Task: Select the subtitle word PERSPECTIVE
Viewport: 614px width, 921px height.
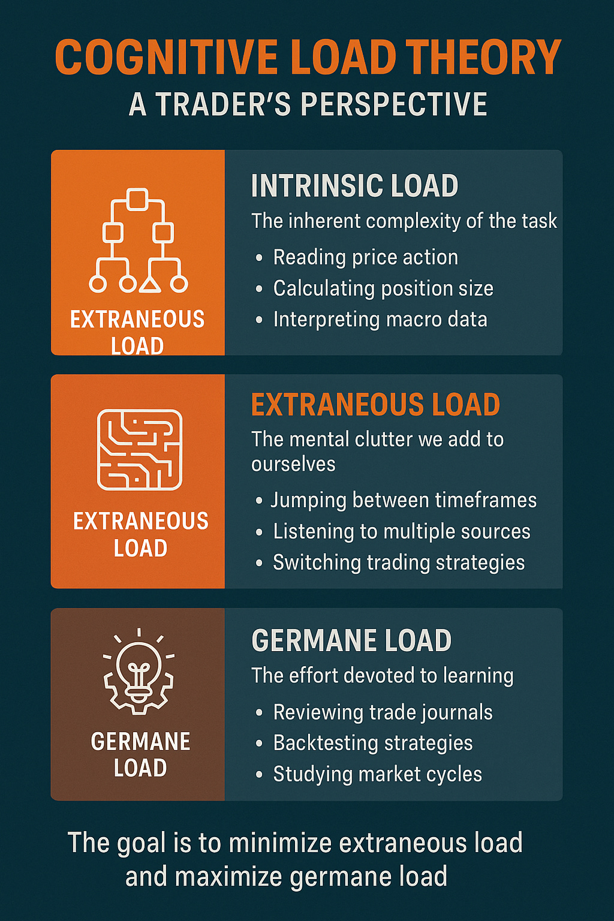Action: click(x=393, y=104)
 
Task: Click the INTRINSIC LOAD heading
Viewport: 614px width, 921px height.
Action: click(x=354, y=186)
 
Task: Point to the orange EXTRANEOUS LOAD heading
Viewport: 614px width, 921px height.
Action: click(x=375, y=405)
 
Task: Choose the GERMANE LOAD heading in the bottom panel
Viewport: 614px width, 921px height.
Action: click(x=351, y=640)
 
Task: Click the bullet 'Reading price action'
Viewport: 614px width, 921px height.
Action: click(x=365, y=257)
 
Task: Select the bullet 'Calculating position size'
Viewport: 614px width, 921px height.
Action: click(x=383, y=288)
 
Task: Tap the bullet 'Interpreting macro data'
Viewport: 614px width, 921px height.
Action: click(x=380, y=320)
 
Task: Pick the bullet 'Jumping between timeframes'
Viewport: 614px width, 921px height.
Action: click(x=403, y=500)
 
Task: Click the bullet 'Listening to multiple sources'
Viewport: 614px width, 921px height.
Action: click(x=401, y=531)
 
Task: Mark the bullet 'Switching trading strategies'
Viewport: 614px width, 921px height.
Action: click(x=399, y=562)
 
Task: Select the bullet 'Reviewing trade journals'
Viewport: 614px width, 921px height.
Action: click(x=383, y=712)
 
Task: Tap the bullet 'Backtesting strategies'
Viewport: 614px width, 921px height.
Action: click(x=373, y=743)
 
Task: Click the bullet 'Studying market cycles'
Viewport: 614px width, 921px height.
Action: click(x=377, y=774)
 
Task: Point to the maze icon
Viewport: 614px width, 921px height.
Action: click(x=140, y=449)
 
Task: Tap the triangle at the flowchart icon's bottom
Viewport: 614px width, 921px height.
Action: click(x=150, y=284)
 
